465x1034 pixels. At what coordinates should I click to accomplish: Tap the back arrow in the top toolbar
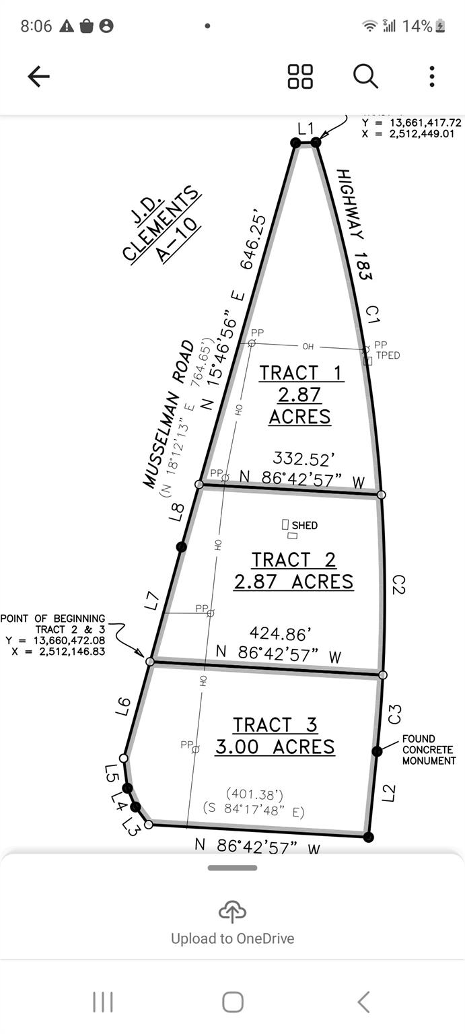click(x=38, y=77)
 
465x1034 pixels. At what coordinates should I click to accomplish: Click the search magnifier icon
click(x=365, y=77)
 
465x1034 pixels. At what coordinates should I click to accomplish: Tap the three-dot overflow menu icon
click(x=431, y=77)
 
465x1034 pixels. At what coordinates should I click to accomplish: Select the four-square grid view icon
click(x=300, y=77)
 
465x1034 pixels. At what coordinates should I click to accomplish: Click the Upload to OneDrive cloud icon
click(x=232, y=913)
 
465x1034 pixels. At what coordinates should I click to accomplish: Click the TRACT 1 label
click(x=300, y=373)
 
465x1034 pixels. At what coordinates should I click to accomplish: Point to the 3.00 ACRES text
click(x=275, y=747)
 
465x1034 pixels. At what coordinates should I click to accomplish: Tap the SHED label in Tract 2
click(x=304, y=525)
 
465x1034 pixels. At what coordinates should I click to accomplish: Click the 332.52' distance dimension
click(x=303, y=460)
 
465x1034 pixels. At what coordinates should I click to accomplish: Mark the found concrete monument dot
click(x=377, y=751)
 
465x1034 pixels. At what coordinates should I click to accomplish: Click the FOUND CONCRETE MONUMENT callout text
click(x=429, y=750)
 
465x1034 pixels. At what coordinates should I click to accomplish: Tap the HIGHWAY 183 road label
click(x=355, y=224)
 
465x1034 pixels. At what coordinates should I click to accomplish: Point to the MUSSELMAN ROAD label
click(x=168, y=414)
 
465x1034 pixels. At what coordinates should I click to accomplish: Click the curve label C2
click(x=398, y=584)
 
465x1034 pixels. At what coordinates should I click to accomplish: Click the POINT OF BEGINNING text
click(x=52, y=619)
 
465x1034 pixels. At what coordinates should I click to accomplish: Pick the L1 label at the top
click(x=306, y=128)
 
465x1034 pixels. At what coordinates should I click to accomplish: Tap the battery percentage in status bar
click(x=417, y=26)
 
